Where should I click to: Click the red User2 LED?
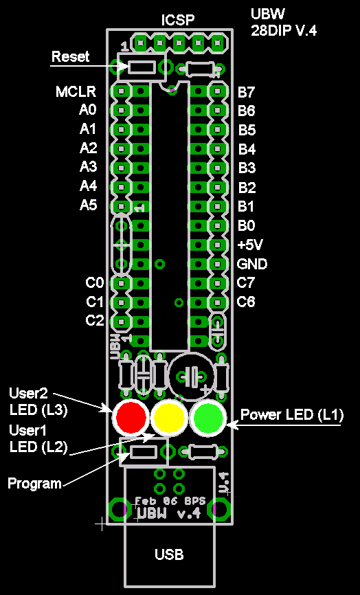pos(131,418)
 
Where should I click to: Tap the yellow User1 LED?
pos(169,418)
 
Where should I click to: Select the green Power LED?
pos(208,418)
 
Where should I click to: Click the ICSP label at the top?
pos(177,20)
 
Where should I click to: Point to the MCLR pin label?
pos(76,92)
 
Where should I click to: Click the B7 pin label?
pos(247,92)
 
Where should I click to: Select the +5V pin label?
pos(250,245)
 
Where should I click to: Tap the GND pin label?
pos(252,264)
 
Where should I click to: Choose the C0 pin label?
pos(94,282)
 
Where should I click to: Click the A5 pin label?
pos(88,205)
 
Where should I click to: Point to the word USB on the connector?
pos(169,554)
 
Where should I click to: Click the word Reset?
pos(71,56)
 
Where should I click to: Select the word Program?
pos(34,484)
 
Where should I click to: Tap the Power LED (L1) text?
pos(292,415)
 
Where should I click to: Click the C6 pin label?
pos(246,302)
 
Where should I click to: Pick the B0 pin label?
pos(246,226)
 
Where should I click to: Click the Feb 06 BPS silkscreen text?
pos(170,501)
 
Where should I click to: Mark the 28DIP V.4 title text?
pos(283,30)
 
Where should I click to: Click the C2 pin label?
pos(94,321)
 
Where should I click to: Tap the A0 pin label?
pos(88,110)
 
